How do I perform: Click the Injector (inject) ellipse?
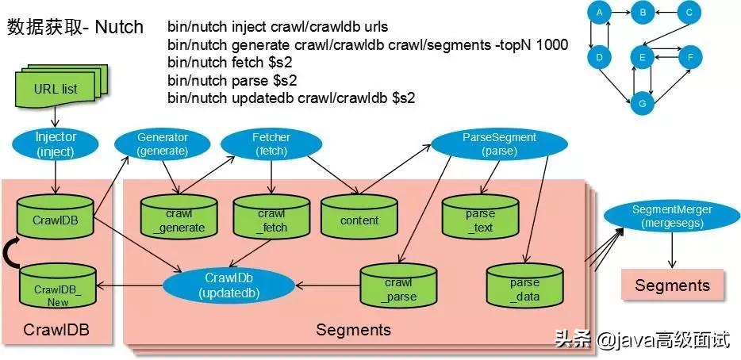(x=56, y=144)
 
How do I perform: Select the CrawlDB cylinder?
(x=55, y=216)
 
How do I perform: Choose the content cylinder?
(x=359, y=219)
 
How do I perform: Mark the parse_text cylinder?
(x=480, y=219)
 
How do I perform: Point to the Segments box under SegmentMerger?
(x=672, y=285)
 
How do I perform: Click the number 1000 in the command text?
(x=551, y=45)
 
